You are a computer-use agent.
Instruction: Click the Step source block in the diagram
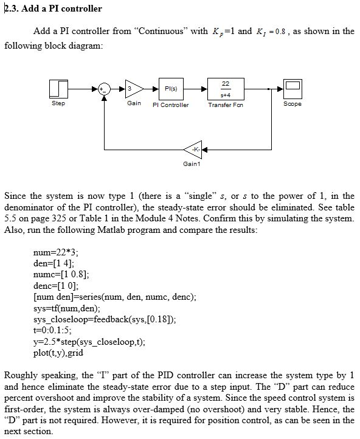coord(58,89)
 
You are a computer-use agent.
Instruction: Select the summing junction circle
coord(105,89)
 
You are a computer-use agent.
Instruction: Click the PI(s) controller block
coord(170,89)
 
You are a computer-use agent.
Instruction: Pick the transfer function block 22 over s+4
coord(225,89)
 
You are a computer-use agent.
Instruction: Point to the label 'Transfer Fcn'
coord(225,105)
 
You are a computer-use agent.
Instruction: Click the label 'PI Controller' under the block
coord(170,105)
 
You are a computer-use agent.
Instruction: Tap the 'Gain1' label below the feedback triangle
coord(191,164)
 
